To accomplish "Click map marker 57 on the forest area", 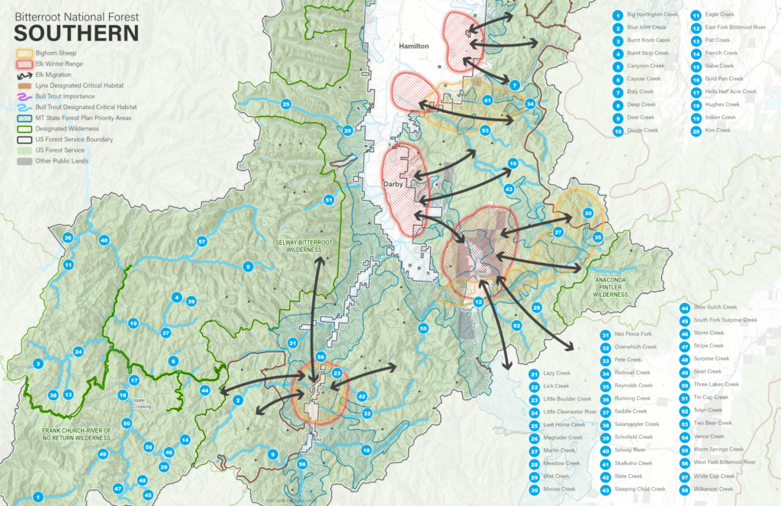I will click(202, 242).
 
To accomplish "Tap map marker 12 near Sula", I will click(478, 302).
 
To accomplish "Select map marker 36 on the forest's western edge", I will click(68, 238).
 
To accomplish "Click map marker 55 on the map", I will click(423, 328).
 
